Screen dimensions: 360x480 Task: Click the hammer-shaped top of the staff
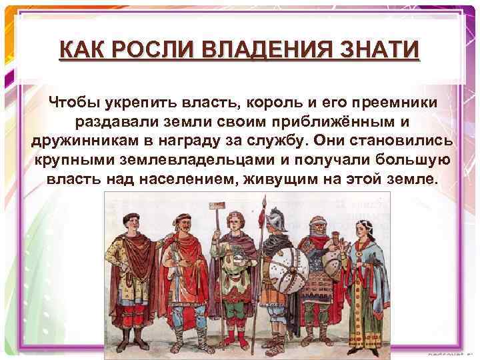click(x=169, y=207)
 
